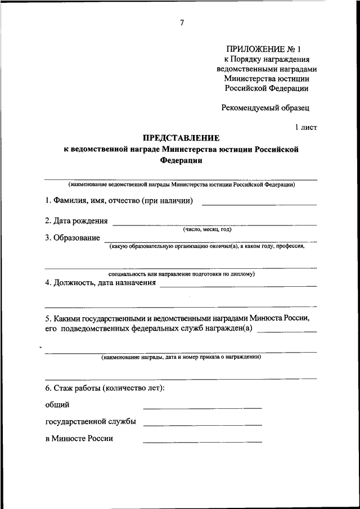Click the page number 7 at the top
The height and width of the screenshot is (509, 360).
(182, 22)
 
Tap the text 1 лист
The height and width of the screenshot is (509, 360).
(306, 128)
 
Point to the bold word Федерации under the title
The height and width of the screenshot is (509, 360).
(180, 160)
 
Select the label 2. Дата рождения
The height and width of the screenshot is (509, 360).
(76, 220)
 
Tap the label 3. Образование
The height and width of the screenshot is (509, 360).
(73, 238)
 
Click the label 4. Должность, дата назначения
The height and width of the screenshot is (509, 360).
(100, 283)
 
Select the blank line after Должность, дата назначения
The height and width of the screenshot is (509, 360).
(238, 286)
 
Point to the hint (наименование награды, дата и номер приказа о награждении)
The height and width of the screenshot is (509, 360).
(181, 357)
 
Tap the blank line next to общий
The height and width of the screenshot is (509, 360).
(202, 407)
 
